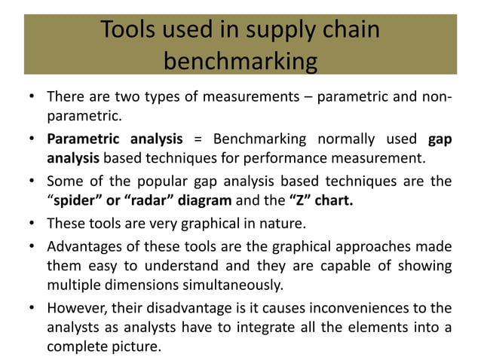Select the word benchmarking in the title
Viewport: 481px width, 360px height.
tap(240, 60)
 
